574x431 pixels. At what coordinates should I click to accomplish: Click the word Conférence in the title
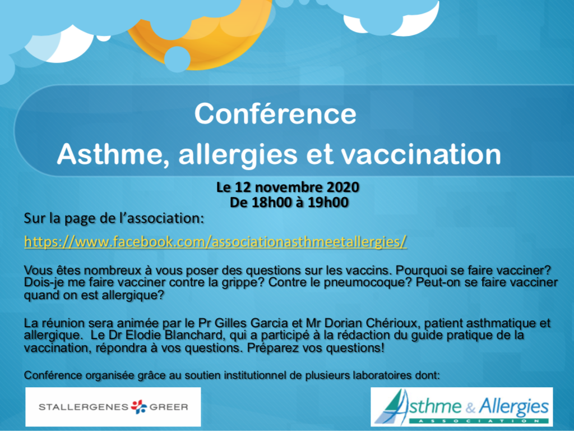[275, 113]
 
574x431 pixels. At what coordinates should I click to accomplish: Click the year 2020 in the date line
[342, 187]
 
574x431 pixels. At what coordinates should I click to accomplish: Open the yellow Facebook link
[215, 242]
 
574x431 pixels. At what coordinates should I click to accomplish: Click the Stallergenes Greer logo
[113, 407]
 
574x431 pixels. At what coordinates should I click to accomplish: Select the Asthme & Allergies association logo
[462, 407]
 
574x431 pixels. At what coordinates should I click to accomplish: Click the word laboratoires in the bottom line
[381, 375]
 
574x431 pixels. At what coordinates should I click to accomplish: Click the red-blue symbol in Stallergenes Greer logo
[139, 407]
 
